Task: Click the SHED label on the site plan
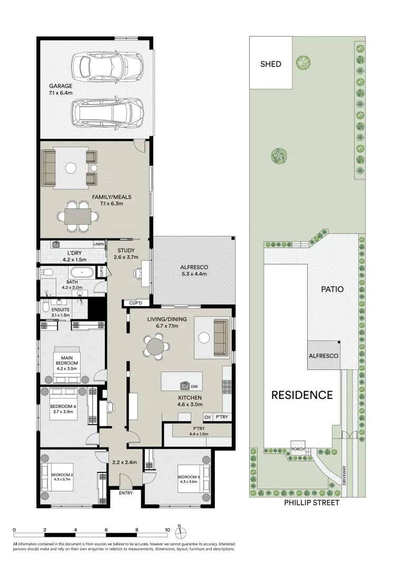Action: pos(271,64)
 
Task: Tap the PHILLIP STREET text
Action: pos(312,502)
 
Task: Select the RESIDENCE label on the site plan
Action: pos(302,395)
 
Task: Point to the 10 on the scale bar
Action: pos(167,529)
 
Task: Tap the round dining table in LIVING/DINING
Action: pos(155,347)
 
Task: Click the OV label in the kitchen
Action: pos(208,417)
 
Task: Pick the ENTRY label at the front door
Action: pos(126,493)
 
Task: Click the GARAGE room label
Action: pos(61,86)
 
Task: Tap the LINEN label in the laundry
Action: pos(99,244)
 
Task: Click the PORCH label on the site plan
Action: pos(298,449)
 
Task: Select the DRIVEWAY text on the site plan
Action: pos(344,476)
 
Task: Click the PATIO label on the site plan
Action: pos(332,289)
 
